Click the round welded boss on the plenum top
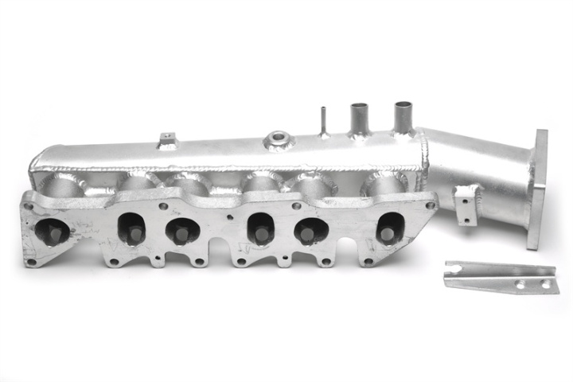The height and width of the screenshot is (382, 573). [x=279, y=141]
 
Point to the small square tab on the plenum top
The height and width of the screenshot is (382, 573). [x=168, y=141]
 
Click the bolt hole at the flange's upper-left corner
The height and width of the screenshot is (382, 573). [x=29, y=206]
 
